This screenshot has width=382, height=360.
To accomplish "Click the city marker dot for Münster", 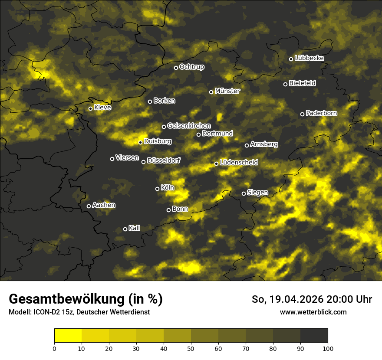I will [x=211, y=92].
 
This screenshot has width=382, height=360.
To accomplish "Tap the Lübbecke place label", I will [x=309, y=58].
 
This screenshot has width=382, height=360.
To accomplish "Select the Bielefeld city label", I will [x=302, y=83].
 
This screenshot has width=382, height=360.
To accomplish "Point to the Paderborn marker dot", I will [x=303, y=114].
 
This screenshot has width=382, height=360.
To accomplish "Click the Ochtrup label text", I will [x=191, y=67].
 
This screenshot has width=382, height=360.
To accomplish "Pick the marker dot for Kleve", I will [x=91, y=108].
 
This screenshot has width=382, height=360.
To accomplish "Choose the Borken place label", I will [x=164, y=101].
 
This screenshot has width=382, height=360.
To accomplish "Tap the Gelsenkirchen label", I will [x=189, y=126].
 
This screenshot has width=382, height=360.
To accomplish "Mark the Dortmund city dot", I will [x=199, y=134].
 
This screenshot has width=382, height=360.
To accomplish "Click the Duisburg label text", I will [x=158, y=141].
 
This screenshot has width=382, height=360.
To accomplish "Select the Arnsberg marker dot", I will [x=247, y=145].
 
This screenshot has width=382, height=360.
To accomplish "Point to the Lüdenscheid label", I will [x=239, y=163].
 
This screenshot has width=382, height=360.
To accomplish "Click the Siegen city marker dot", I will [x=244, y=193].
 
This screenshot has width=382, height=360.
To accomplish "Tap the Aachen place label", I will [x=104, y=205].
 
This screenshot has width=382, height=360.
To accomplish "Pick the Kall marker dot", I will [x=125, y=229].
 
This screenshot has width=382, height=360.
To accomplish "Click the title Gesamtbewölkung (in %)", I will [x=86, y=299].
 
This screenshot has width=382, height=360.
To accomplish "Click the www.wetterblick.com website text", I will [x=313, y=312].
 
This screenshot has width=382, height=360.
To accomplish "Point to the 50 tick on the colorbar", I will [x=191, y=348].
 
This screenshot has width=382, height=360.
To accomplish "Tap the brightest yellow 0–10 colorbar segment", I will [x=68, y=336].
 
